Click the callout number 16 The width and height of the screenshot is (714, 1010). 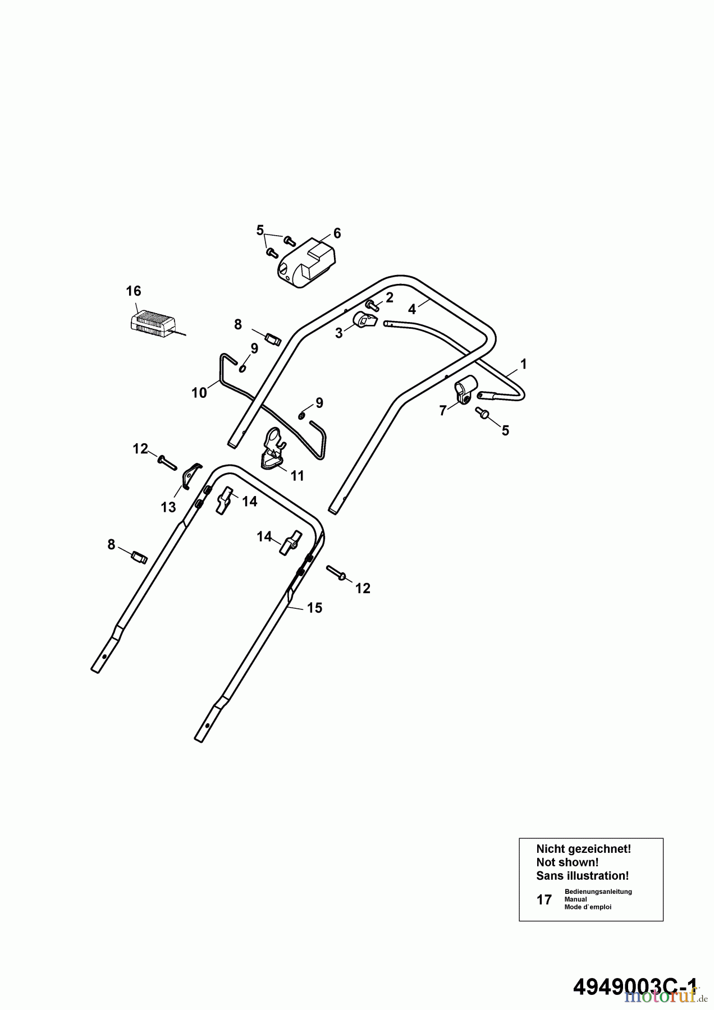click(x=134, y=291)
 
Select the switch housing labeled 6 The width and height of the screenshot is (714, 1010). click(x=305, y=262)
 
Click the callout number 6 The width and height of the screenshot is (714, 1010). click(x=337, y=233)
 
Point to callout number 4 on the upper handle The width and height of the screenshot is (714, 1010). click(x=412, y=309)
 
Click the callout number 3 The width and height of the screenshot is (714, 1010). click(x=338, y=333)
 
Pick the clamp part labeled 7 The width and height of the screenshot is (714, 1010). click(x=465, y=390)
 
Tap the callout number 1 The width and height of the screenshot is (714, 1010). click(x=524, y=364)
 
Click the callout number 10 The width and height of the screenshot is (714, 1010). click(x=199, y=393)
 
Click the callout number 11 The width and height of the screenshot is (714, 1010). click(x=297, y=476)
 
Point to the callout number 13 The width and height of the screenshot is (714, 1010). click(x=168, y=507)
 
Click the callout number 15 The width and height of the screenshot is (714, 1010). click(x=315, y=608)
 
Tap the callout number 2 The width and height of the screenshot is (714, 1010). click(x=390, y=297)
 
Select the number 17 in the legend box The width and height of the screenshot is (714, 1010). click(x=544, y=900)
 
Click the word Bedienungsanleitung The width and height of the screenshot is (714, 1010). click(x=598, y=892)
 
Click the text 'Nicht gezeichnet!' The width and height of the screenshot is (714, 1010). click(x=584, y=849)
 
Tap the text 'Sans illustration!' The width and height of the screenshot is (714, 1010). click(x=583, y=876)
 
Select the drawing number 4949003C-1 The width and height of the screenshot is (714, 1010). click(x=635, y=986)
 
